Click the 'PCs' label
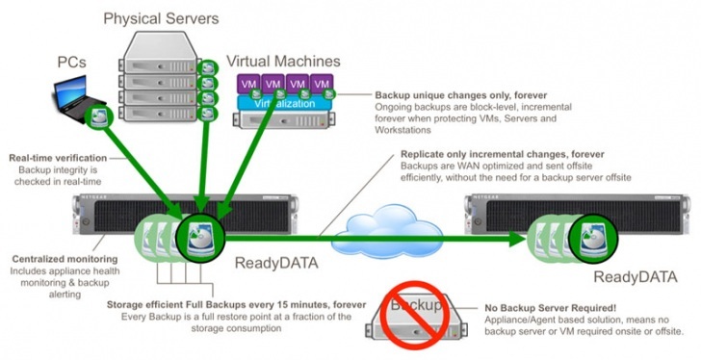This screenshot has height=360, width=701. point(70,62)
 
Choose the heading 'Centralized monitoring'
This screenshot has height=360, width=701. point(64,259)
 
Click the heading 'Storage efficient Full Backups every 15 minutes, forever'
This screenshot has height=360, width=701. point(237,304)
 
